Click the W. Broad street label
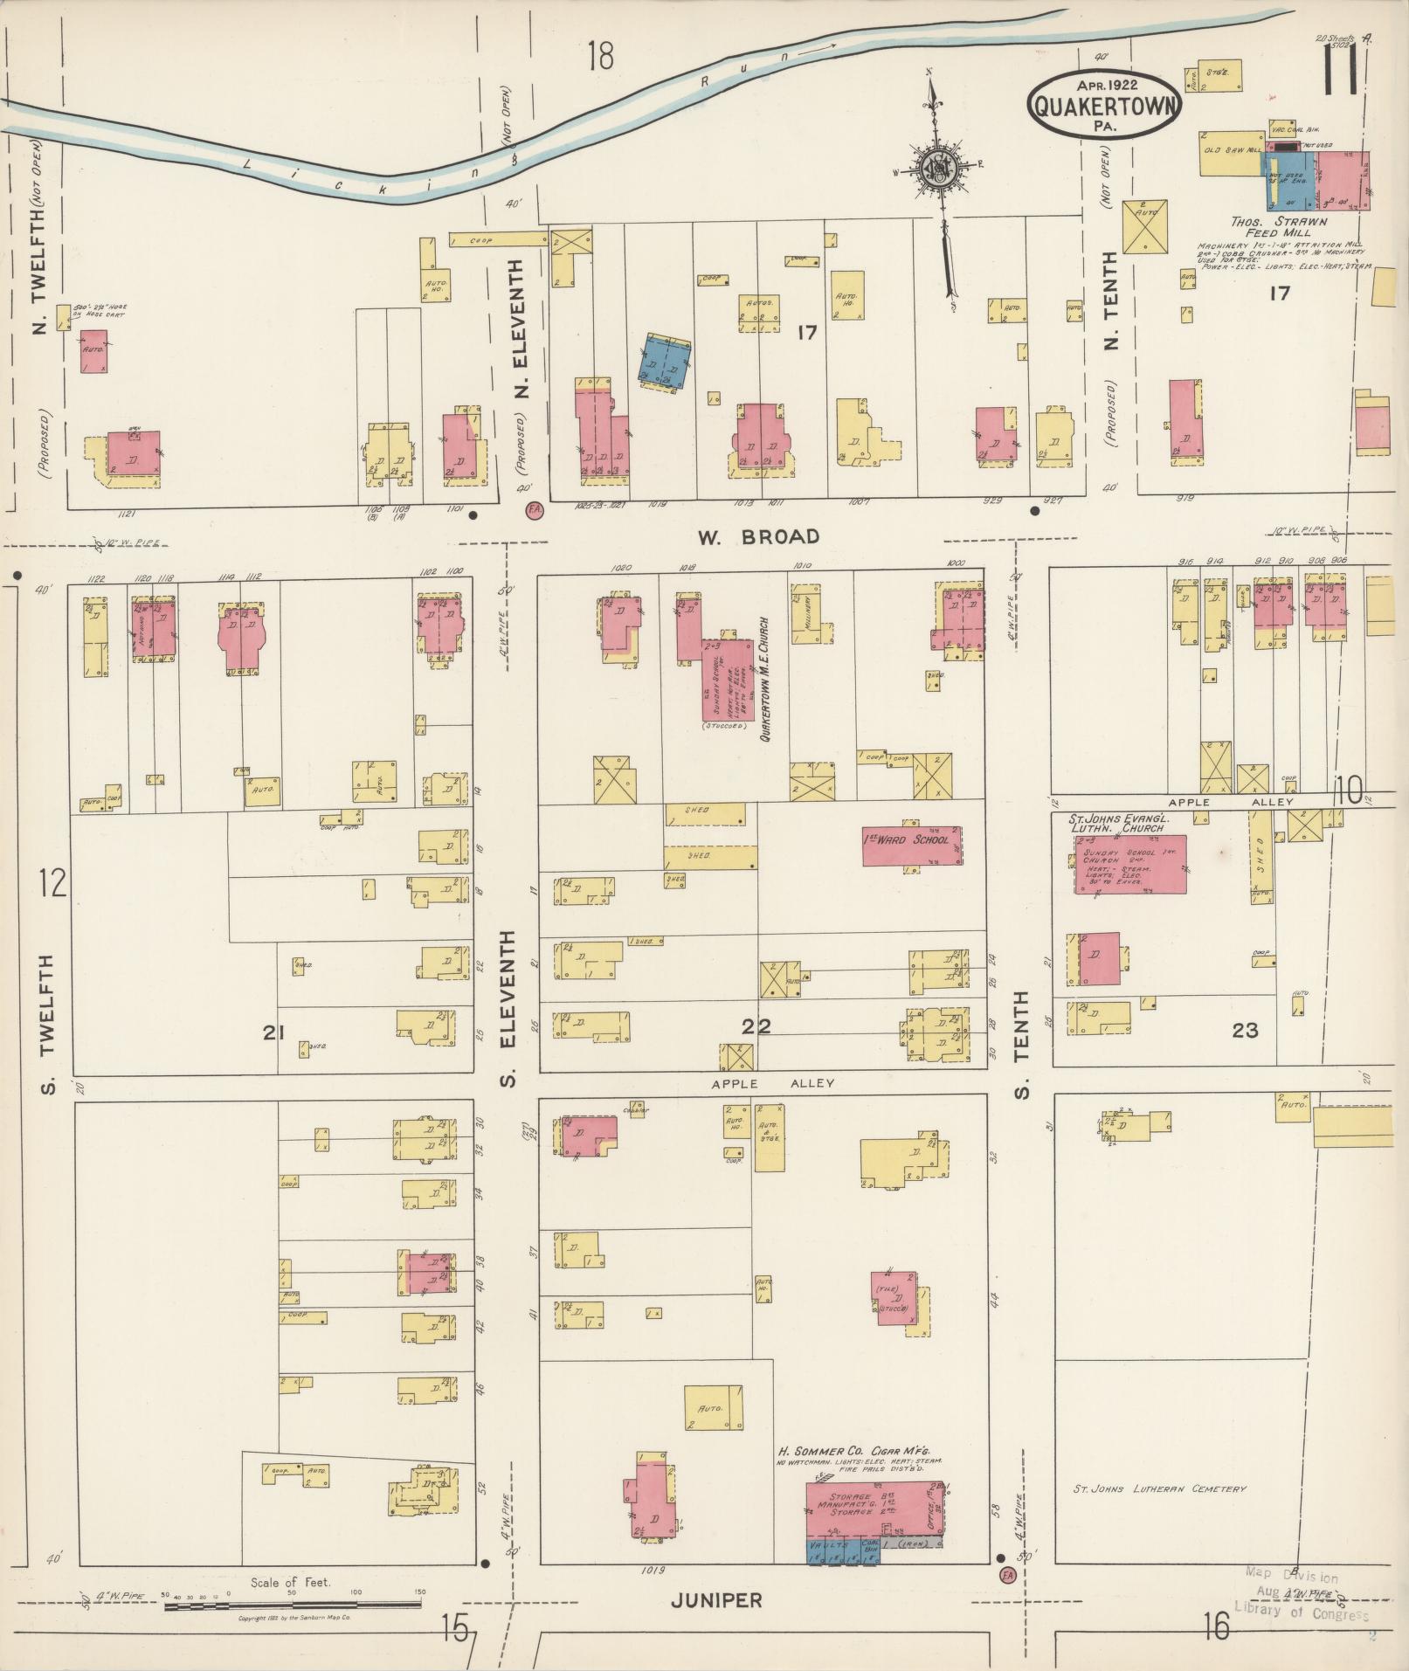pos(758,536)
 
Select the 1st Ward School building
pos(912,844)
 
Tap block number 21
pos(274,1033)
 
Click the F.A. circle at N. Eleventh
pos(534,512)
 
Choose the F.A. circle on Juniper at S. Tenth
pos(1007,1574)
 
